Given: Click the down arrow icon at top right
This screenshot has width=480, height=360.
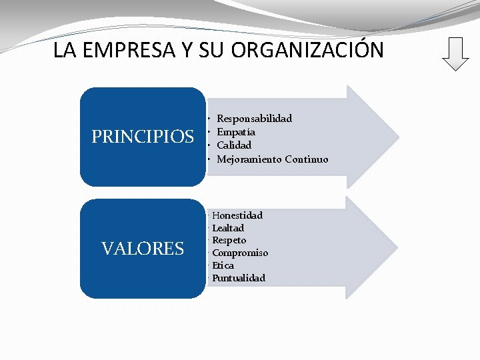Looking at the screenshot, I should (455, 53).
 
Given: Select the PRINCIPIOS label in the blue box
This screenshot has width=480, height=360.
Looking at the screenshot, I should (143, 137).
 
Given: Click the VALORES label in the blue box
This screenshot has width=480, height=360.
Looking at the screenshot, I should (143, 249).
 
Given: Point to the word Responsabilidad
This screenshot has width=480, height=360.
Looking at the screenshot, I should (255, 119).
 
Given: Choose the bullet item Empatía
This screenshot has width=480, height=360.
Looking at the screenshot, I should (236, 132).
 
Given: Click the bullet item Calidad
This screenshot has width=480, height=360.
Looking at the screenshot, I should (234, 145).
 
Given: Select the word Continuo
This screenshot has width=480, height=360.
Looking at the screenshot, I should (307, 159).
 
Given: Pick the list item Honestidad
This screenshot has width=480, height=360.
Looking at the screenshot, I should (237, 215).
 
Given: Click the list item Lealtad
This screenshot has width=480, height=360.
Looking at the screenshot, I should (228, 228).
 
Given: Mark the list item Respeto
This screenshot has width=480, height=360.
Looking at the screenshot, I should (229, 240).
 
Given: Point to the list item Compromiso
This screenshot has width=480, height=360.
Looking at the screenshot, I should (240, 253).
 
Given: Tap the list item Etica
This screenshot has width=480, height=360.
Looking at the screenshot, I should (223, 265).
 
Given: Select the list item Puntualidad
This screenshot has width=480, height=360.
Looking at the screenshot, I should (239, 277).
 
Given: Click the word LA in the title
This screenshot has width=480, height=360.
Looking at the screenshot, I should (64, 50).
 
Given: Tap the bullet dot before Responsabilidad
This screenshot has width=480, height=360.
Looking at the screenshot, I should (209, 119).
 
